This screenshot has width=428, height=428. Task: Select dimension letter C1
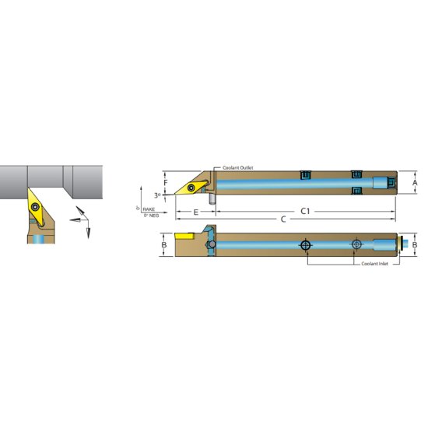pyautogui.click(x=306, y=211)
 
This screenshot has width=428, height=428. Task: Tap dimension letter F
pyautogui.click(x=165, y=184)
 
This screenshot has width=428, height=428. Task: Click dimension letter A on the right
pyautogui.click(x=415, y=183)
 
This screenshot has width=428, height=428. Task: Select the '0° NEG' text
pyautogui.click(x=150, y=215)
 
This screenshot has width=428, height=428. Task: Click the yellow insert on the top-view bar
pyautogui.click(x=189, y=187)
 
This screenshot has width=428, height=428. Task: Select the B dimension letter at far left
pyautogui.click(x=164, y=246)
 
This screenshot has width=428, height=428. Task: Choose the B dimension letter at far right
pyautogui.click(x=415, y=246)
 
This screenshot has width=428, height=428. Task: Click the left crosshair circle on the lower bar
pyautogui.click(x=305, y=245)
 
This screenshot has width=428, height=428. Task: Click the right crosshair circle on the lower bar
pyautogui.click(x=356, y=245)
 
